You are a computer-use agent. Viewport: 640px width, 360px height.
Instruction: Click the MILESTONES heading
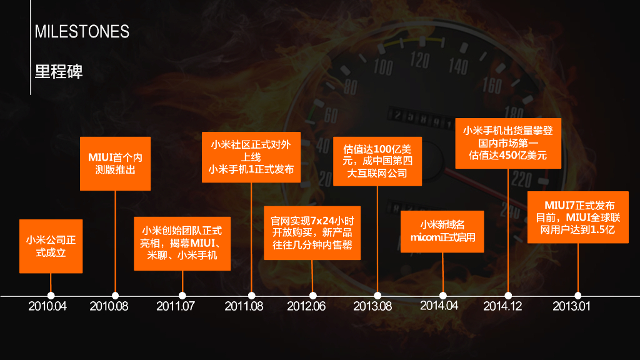click(x=82, y=32)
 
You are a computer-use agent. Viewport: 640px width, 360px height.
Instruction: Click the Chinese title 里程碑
click(x=59, y=71)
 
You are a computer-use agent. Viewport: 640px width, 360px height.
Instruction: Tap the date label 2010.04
click(x=47, y=306)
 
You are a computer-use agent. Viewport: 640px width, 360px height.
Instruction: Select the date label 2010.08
click(x=109, y=306)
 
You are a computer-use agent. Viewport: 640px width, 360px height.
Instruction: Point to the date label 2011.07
click(x=176, y=306)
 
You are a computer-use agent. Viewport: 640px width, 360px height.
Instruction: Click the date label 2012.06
click(x=306, y=306)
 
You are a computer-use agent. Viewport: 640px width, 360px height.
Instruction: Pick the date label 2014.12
click(x=502, y=306)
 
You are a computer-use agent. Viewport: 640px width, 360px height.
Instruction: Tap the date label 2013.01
click(x=571, y=306)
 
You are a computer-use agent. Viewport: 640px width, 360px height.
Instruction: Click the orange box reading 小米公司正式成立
click(x=51, y=246)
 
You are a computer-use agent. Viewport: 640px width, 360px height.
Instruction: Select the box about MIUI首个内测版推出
click(x=116, y=163)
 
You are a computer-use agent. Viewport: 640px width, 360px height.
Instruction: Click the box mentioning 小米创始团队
click(x=182, y=243)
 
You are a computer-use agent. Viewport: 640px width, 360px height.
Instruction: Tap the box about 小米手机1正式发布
click(x=251, y=157)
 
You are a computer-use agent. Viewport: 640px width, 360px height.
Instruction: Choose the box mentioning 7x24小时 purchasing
click(x=312, y=232)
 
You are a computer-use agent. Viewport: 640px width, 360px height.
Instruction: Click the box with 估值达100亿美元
click(x=377, y=161)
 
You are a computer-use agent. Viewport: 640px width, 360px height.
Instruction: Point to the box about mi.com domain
click(x=442, y=231)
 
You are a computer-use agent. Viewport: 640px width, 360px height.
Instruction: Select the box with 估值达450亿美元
click(x=507, y=143)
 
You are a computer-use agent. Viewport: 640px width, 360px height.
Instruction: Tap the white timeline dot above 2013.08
click(x=377, y=296)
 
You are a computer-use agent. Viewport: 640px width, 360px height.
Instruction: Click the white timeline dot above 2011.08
click(x=252, y=296)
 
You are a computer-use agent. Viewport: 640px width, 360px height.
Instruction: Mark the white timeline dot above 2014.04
click(x=443, y=296)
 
